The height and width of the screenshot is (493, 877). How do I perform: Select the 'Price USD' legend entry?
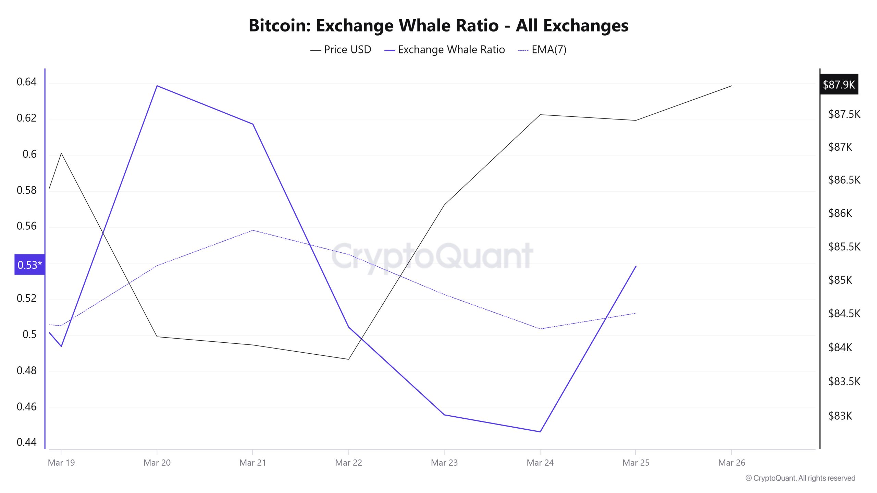tap(347, 50)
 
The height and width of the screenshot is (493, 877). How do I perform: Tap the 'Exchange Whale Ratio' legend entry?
tap(451, 50)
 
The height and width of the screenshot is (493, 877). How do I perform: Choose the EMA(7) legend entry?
tap(548, 50)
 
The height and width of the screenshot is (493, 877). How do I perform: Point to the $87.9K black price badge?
tap(839, 84)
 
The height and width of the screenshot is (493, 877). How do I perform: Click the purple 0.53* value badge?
tap(29, 265)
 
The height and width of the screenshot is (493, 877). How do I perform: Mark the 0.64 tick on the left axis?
tap(26, 82)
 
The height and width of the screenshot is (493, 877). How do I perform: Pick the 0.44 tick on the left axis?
tap(26, 442)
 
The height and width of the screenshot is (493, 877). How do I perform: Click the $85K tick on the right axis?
tap(840, 280)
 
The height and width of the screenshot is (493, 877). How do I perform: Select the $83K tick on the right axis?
tap(840, 416)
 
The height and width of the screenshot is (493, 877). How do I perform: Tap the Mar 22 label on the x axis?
tap(348, 463)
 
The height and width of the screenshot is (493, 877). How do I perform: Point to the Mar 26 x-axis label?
tap(731, 463)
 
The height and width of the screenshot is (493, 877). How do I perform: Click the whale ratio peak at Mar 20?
tap(157, 86)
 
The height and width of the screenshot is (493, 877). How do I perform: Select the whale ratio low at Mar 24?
tap(540, 432)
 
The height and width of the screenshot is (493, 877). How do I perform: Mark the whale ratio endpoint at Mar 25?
tap(636, 266)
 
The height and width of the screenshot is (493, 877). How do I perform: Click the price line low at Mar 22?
tap(348, 359)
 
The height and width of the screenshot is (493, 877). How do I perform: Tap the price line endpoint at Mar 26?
tap(732, 86)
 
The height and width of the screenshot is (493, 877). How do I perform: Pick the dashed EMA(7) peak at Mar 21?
tap(253, 230)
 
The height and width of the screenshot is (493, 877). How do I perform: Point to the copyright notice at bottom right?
tap(800, 478)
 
